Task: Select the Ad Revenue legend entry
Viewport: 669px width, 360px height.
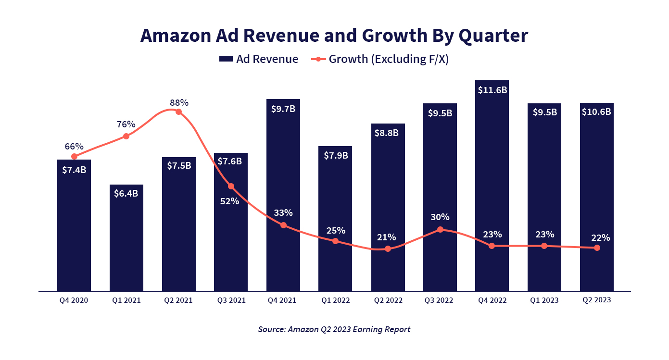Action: (x=259, y=59)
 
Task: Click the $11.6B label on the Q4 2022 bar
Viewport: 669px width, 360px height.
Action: (x=492, y=90)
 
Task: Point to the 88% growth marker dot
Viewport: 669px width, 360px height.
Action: (x=178, y=112)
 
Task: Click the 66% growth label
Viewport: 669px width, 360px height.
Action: (x=74, y=146)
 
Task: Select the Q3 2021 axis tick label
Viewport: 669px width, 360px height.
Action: (x=231, y=300)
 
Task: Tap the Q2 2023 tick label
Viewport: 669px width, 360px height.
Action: (x=596, y=300)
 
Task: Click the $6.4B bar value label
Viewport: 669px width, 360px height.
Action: (x=126, y=194)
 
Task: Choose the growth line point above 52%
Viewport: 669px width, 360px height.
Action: (x=231, y=186)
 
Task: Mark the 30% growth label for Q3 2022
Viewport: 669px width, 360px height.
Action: (x=440, y=217)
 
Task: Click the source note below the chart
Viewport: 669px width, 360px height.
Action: (x=334, y=329)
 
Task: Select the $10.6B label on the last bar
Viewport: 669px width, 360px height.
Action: (x=597, y=112)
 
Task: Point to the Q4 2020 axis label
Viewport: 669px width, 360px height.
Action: (x=74, y=300)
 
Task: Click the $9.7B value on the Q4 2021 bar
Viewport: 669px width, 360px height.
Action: (x=283, y=109)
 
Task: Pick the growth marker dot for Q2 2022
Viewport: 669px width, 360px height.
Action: (x=388, y=249)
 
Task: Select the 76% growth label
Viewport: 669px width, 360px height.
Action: (x=126, y=124)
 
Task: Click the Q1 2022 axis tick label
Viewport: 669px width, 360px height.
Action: (x=335, y=300)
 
